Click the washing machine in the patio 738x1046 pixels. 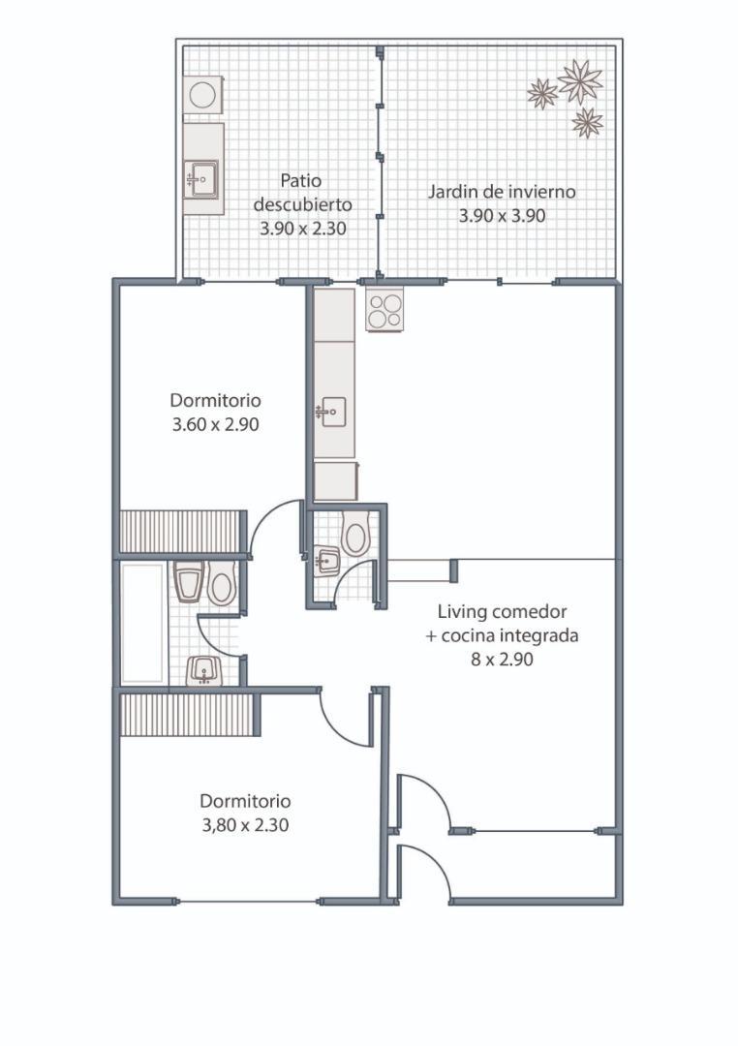(x=202, y=95)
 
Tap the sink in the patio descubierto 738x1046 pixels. (x=202, y=179)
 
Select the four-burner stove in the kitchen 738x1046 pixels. (x=385, y=312)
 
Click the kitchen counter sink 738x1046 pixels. (x=331, y=413)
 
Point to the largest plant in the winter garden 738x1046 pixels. (x=580, y=81)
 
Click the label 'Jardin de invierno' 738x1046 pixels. (x=501, y=192)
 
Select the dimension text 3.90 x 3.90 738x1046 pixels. (x=502, y=216)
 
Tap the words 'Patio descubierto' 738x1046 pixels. (x=302, y=192)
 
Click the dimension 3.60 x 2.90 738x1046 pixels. (x=216, y=424)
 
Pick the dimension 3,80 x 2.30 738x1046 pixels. (x=246, y=825)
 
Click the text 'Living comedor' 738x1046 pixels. (x=503, y=611)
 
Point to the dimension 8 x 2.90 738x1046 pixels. (x=502, y=660)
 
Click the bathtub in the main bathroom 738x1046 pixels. (x=143, y=623)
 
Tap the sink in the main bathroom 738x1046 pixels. (x=203, y=670)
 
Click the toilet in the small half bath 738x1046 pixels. (x=355, y=533)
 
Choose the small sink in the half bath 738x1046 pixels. (x=327, y=561)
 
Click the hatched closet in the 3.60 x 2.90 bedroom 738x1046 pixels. (x=181, y=532)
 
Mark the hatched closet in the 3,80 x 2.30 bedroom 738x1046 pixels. (x=187, y=715)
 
